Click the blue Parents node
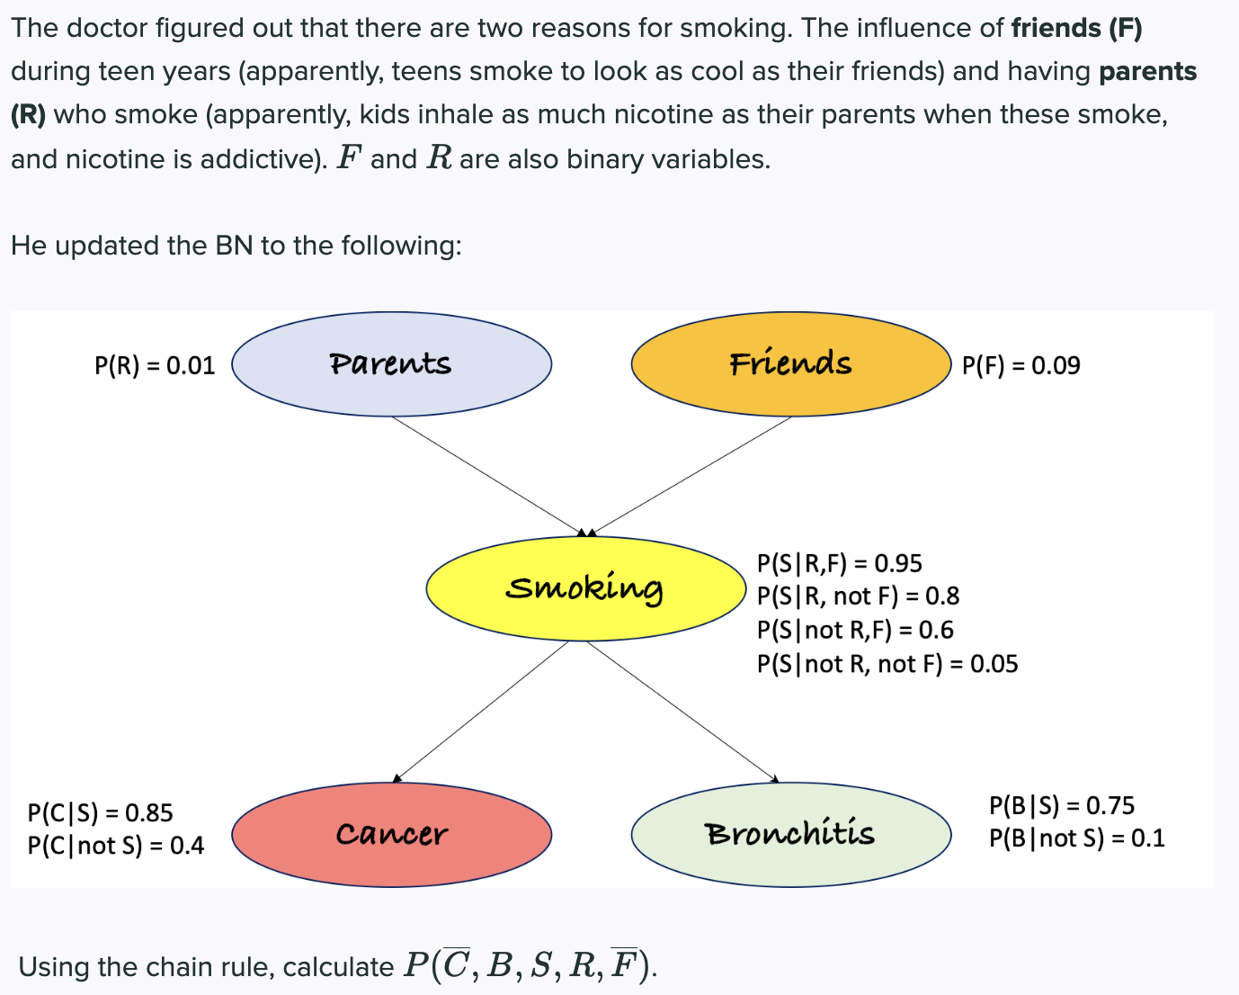[391, 364]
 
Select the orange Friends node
[790, 364]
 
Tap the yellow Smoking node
[585, 588]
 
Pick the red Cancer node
[391, 834]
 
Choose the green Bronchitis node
[790, 834]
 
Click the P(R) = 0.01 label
[155, 365]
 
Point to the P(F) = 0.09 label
[1021, 365]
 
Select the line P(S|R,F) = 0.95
[839, 563]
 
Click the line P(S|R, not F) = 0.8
[858, 596]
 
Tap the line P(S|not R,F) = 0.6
[854, 630]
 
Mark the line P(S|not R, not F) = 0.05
[887, 664]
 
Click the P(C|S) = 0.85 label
[100, 812]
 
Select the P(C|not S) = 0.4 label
[115, 846]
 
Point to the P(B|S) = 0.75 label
[1061, 805]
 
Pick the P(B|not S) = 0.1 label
[1076, 838]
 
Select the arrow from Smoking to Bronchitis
[682, 711]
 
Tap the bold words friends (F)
[1076, 28]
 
